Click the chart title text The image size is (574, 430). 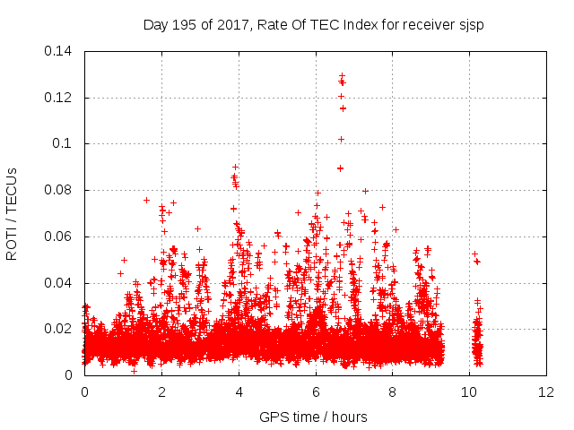pyautogui.click(x=313, y=24)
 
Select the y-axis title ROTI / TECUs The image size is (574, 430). pyautogui.click(x=13, y=212)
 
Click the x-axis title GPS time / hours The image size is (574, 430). pyautogui.click(x=313, y=417)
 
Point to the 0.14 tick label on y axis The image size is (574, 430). pyautogui.click(x=61, y=50)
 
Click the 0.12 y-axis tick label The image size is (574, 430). pyautogui.click(x=61, y=97)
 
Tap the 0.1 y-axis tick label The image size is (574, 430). pyautogui.click(x=65, y=143)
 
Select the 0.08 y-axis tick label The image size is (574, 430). pyautogui.click(x=61, y=190)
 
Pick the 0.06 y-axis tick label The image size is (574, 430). pyautogui.click(x=61, y=236)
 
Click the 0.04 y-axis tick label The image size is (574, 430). pyautogui.click(x=61, y=283)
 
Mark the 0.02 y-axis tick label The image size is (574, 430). pyautogui.click(x=61, y=329)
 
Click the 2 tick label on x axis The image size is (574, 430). pyautogui.click(x=161, y=392)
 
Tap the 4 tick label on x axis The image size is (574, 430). pyautogui.click(x=239, y=392)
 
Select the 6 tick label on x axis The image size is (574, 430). pyautogui.click(x=316, y=392)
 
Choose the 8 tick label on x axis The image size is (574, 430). pyautogui.click(x=393, y=392)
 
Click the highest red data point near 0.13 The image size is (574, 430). pyautogui.click(x=342, y=76)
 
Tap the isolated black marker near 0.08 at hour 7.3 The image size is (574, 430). pyautogui.click(x=365, y=190)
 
